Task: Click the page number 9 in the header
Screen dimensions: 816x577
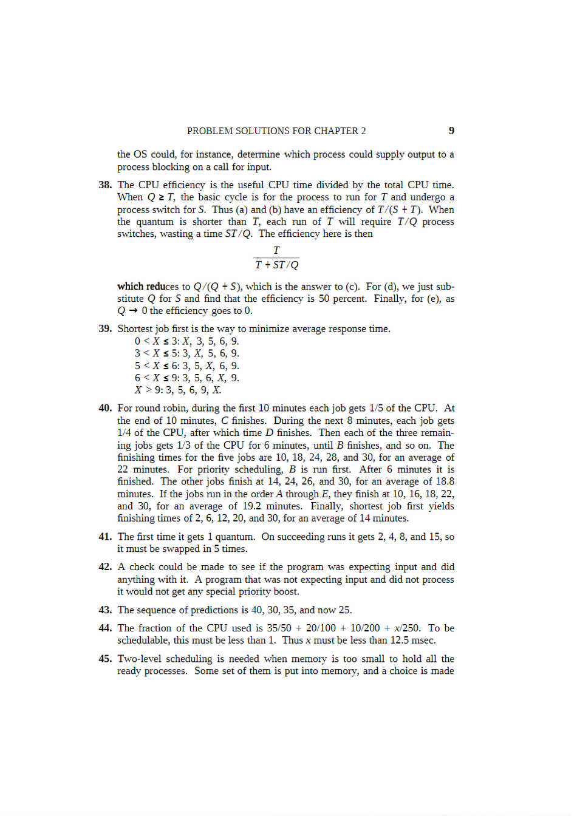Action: pos(451,131)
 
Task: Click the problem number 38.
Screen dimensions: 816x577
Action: pos(105,185)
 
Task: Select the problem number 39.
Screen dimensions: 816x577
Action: pos(105,328)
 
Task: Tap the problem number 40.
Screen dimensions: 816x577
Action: pos(105,408)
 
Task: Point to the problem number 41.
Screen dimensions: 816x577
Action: pos(105,537)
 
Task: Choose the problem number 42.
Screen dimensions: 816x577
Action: pos(105,567)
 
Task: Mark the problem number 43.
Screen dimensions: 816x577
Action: pos(105,610)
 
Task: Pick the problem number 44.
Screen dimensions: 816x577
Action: pos(105,628)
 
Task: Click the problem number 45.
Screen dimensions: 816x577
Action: pos(105,659)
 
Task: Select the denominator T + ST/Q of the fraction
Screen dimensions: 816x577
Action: pos(276,265)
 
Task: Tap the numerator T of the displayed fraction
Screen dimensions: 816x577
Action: pos(276,250)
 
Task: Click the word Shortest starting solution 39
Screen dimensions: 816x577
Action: pos(135,329)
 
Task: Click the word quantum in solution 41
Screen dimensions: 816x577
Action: pos(234,537)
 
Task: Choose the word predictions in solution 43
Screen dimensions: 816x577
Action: pos(214,610)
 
